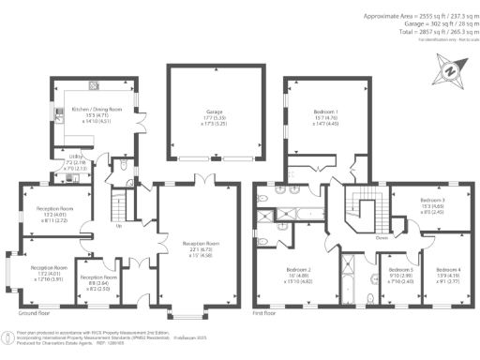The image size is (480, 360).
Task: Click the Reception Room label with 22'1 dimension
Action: coord(202,243)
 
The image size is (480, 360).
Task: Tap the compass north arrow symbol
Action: coord(450,70)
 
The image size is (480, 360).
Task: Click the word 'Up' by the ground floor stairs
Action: coord(117,226)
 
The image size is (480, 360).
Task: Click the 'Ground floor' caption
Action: coord(33,313)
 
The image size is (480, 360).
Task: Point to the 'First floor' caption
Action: coord(267,313)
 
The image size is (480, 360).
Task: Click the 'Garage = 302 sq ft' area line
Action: coord(430,23)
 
